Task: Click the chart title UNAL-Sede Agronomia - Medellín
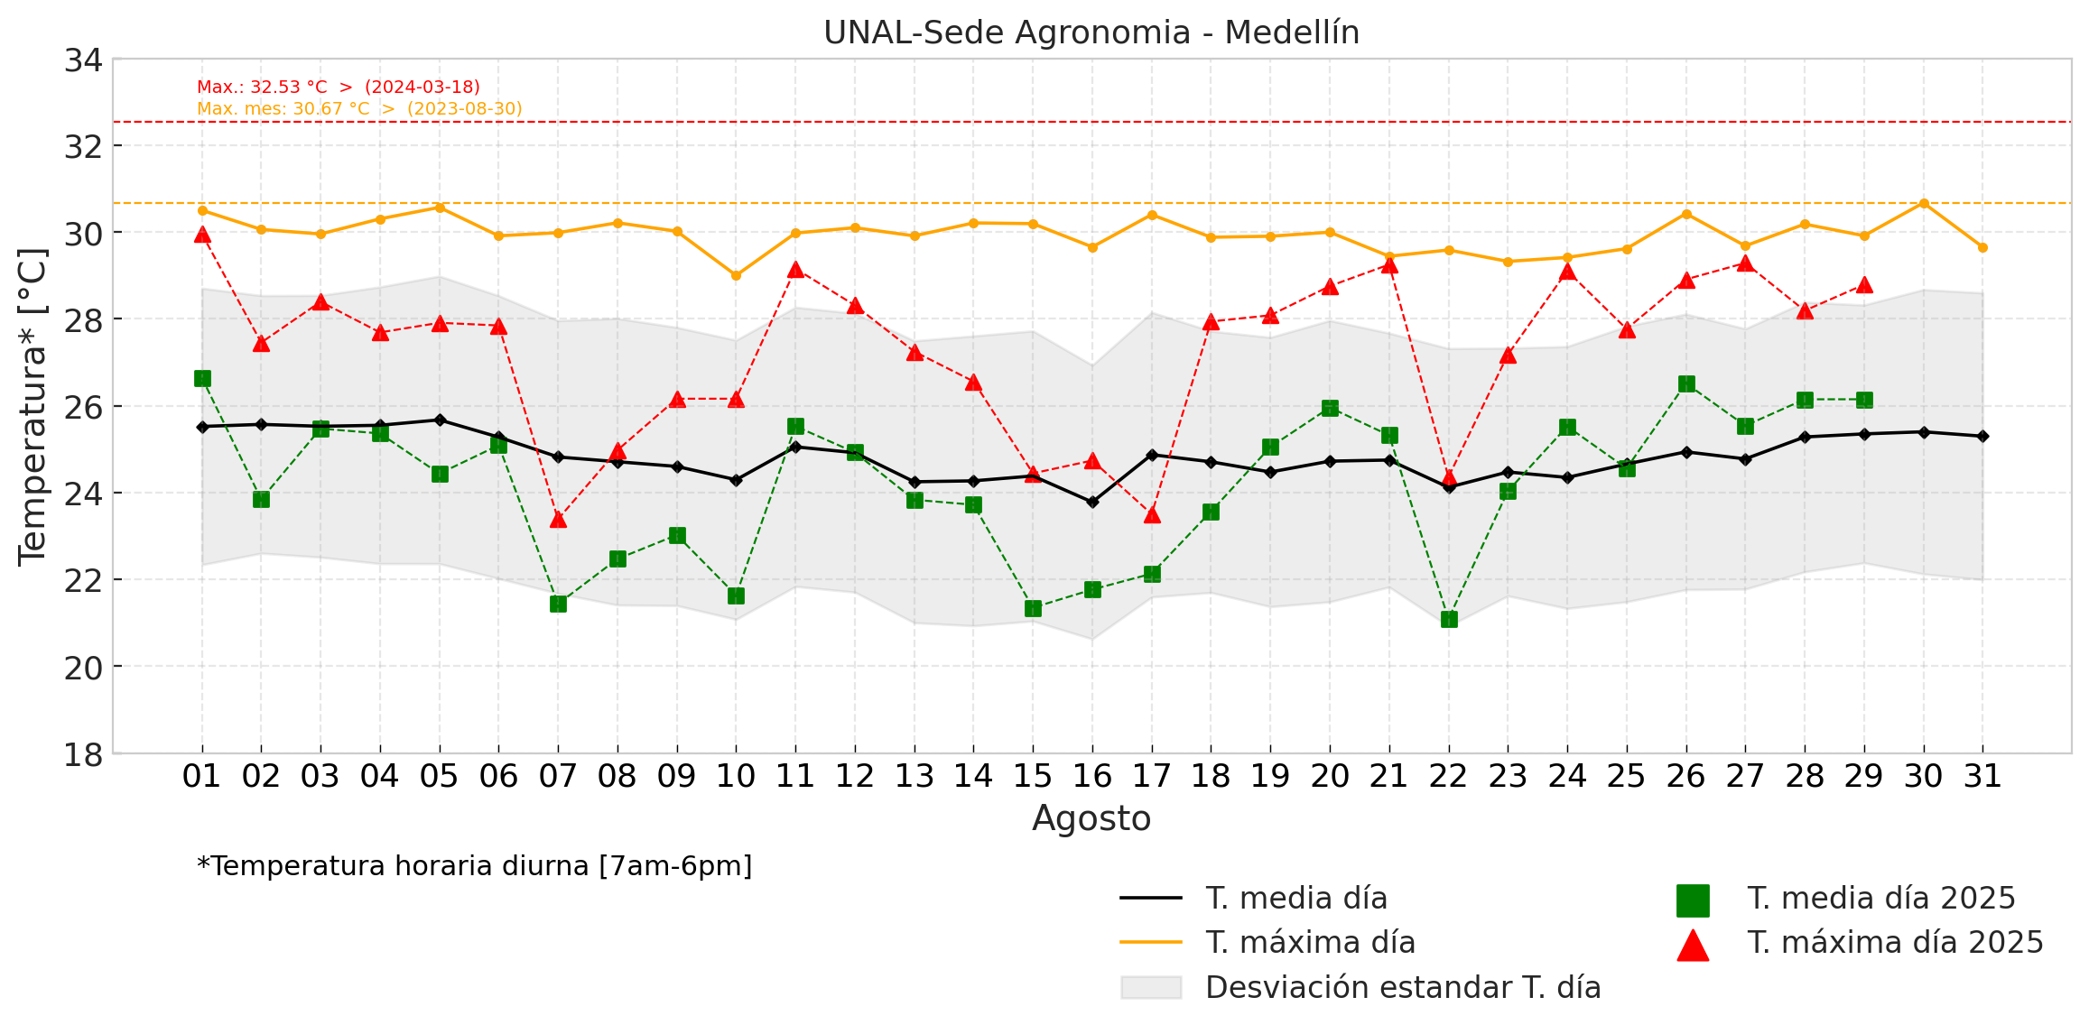[1091, 32]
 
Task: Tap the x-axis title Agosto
[1091, 818]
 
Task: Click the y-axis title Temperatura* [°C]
[32, 406]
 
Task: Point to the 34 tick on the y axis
[83, 60]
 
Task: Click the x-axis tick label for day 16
[1091, 776]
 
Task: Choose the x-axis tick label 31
[1982, 776]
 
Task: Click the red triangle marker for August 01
[202, 235]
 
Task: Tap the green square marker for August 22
[1449, 619]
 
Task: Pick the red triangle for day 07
[558, 519]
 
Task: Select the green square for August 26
[1686, 384]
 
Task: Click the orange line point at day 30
[1924, 204]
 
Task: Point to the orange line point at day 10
[736, 275]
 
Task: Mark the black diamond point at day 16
[1092, 502]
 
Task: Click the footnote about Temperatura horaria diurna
[474, 866]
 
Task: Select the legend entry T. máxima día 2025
[1894, 943]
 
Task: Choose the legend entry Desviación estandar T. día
[1402, 987]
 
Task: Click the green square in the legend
[1693, 900]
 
